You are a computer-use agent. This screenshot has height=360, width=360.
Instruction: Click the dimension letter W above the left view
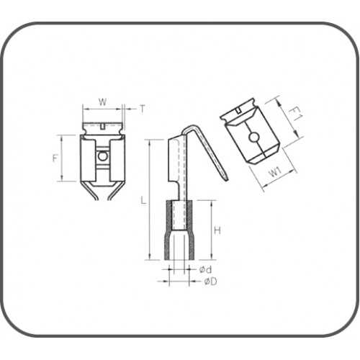click(103, 103)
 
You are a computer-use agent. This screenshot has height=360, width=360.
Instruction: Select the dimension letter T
click(142, 109)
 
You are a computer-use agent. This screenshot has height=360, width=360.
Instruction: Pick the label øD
click(210, 281)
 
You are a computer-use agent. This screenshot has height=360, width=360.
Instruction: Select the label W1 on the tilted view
click(274, 172)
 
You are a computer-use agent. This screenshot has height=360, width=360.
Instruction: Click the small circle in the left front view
click(104, 155)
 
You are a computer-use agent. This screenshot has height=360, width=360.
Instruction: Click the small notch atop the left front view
click(104, 127)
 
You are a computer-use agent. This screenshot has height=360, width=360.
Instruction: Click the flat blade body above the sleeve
click(177, 169)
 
